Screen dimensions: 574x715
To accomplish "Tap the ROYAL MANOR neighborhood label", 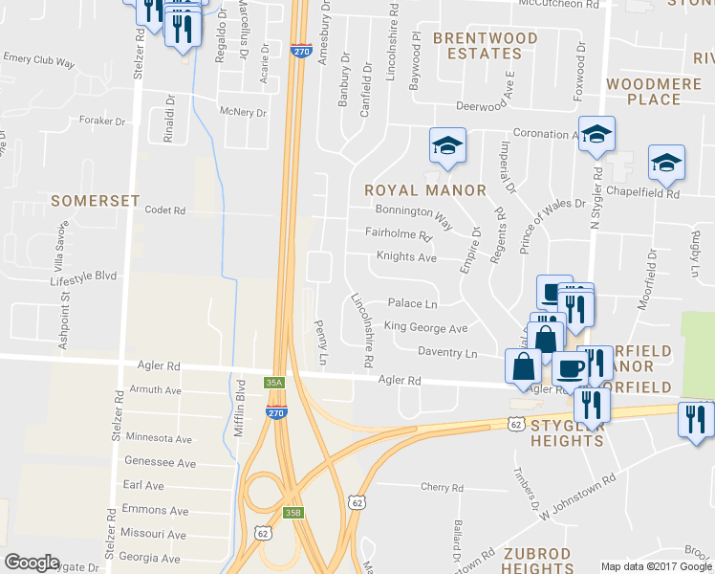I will pos(426,190).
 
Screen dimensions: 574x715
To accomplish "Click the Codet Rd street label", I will pos(163,210).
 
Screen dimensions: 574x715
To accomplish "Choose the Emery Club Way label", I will pos(39,60).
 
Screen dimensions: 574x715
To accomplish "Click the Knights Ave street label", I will pos(406,258).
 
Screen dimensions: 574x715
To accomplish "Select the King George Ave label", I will pos(425,328).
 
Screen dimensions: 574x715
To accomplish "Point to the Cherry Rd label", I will pos(442,487).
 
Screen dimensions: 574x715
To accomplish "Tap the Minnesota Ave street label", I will pos(161,438).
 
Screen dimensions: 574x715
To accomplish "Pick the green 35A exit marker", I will pos(274,383).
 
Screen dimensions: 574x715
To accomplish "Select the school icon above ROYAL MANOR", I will pos(446,144).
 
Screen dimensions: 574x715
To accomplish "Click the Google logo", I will pos(32,563).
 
